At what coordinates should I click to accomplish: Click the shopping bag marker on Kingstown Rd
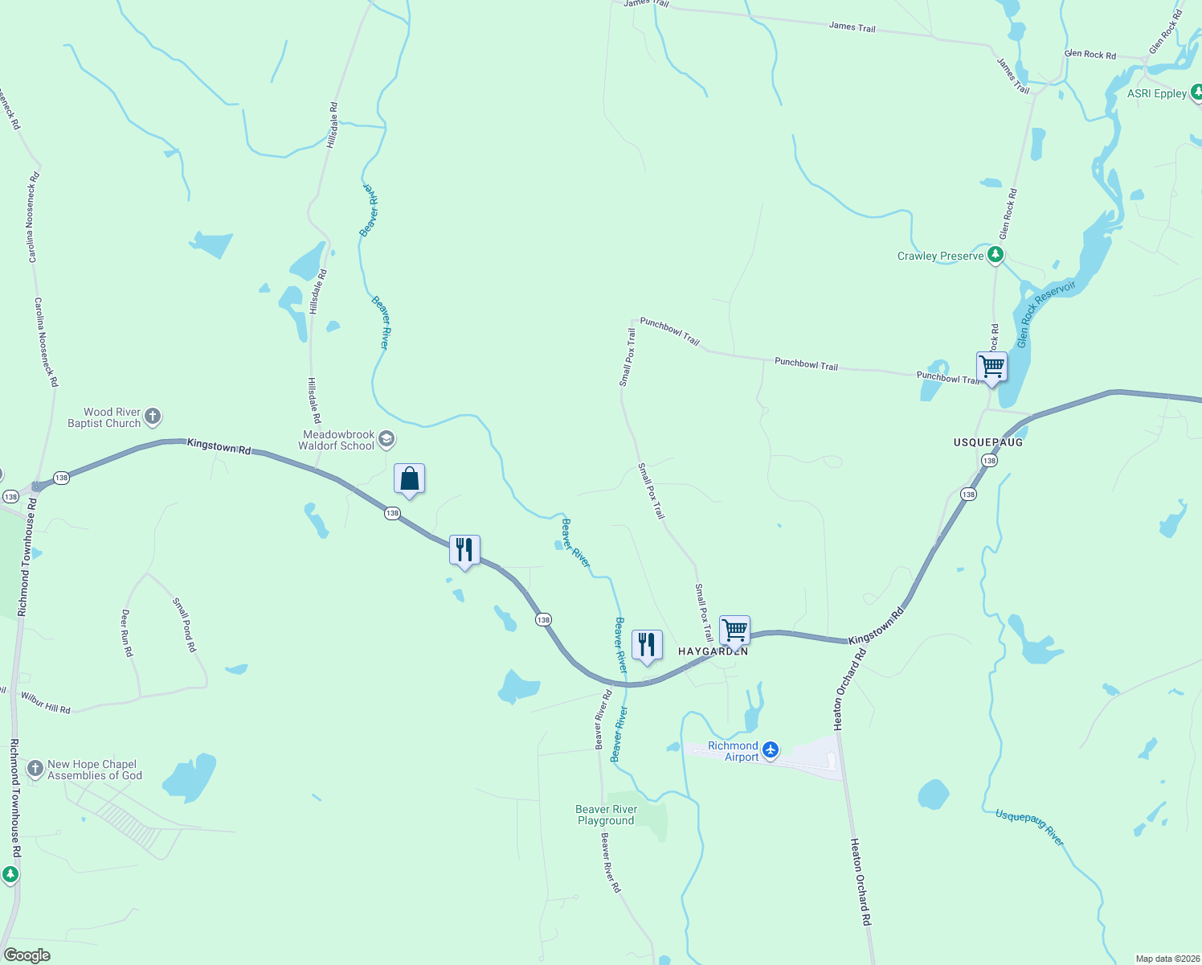coord(409,479)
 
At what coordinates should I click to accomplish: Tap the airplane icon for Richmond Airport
coord(771,750)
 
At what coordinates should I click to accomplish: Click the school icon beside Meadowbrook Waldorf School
coord(386,439)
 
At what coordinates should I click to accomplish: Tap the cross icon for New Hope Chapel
coord(35,769)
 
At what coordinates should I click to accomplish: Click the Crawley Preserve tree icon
coord(996,255)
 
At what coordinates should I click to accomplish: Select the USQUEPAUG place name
coord(988,442)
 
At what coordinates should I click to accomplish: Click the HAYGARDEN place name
coord(713,651)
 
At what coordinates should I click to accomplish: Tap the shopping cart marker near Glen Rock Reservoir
coord(991,368)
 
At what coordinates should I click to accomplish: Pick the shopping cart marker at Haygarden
coord(734,631)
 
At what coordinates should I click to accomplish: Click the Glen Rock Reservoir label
coord(1045,314)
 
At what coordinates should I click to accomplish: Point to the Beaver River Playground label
coord(606,815)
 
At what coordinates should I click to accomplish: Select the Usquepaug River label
coord(1029,827)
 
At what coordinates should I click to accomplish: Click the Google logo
coord(27,955)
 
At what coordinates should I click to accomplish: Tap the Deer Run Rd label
coord(126,633)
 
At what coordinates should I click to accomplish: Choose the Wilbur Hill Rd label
coord(46,703)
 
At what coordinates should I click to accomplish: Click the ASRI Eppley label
coord(1156,93)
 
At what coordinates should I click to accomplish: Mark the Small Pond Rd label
coord(184,624)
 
